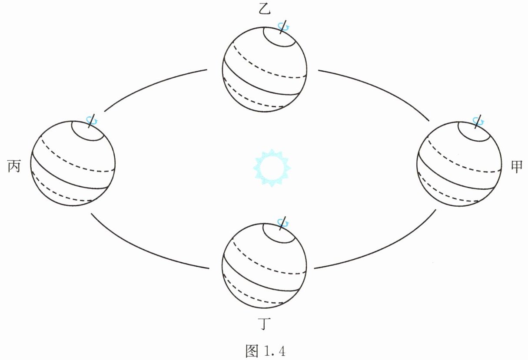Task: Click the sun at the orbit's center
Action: click(x=272, y=168)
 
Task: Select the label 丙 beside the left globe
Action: click(x=14, y=166)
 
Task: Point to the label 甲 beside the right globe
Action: click(x=516, y=167)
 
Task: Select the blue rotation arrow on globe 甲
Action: click(x=478, y=120)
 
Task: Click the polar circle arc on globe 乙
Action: click(x=278, y=43)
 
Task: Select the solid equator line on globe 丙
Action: click(x=70, y=178)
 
